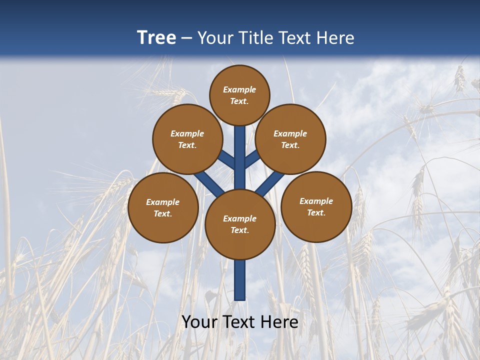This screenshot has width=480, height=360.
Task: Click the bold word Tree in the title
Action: pyautogui.click(x=156, y=38)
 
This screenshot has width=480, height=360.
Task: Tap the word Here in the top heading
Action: pyautogui.click(x=335, y=38)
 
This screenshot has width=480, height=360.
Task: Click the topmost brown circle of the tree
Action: pyautogui.click(x=239, y=95)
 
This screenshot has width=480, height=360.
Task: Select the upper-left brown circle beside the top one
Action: pyautogui.click(x=187, y=139)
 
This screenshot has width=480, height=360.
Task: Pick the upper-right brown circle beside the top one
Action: pyautogui.click(x=290, y=139)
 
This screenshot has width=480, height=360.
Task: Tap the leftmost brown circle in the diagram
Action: pyautogui.click(x=163, y=207)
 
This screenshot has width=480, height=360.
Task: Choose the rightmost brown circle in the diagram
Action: pyautogui.click(x=316, y=206)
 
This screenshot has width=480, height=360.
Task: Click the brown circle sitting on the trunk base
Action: pyautogui.click(x=240, y=224)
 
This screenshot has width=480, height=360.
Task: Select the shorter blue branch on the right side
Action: pyautogui.click(x=252, y=159)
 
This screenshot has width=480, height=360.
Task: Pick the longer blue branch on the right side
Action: pyautogui.click(x=270, y=183)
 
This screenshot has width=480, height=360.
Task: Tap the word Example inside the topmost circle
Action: pyautogui.click(x=239, y=89)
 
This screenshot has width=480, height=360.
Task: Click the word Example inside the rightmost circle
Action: pyautogui.click(x=316, y=201)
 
